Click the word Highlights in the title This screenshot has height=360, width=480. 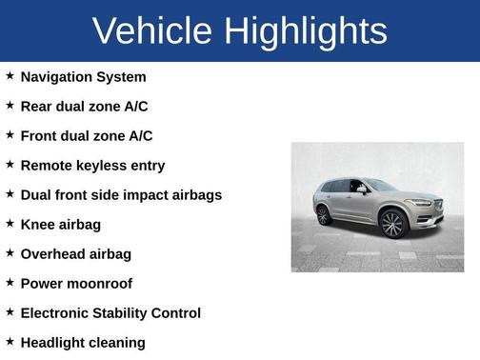[307, 30]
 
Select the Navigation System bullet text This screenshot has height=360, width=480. [83, 76]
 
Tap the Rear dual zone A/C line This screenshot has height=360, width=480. [84, 106]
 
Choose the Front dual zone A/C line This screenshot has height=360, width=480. [86, 135]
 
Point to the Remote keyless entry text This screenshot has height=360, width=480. [92, 165]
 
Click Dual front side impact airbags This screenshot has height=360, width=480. [121, 194]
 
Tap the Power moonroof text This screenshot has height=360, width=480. [76, 283]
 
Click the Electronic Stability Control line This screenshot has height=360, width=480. [110, 312]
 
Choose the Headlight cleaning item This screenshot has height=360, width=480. [83, 342]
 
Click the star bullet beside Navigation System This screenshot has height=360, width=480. [10, 75]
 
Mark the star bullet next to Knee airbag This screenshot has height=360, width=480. [10, 223]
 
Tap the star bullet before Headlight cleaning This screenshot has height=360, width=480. [10, 341]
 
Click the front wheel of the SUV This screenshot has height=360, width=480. [392, 224]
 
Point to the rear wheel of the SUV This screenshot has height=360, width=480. [324, 214]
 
